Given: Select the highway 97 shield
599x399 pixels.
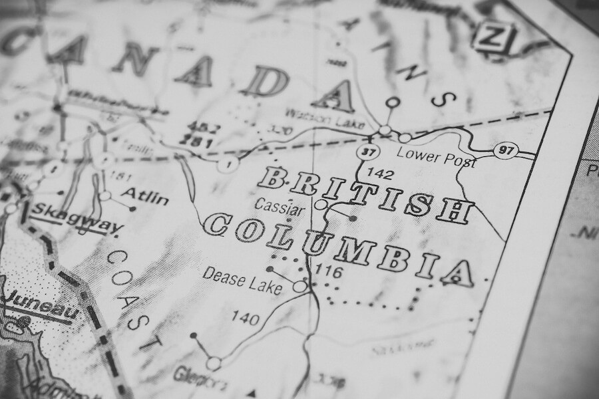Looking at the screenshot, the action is (506, 150).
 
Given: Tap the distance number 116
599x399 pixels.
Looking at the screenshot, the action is (328, 271).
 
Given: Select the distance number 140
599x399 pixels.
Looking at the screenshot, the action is (245, 319).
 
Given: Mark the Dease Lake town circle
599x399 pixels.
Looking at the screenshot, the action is (300, 286).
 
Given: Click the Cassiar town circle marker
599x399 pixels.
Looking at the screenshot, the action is (321, 205).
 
